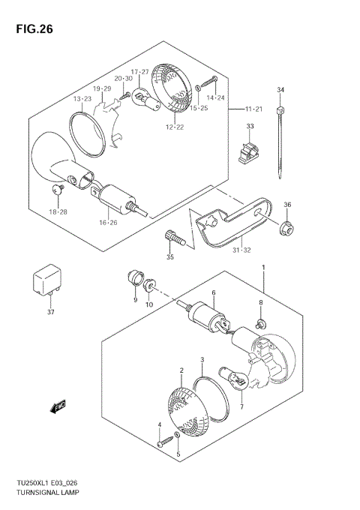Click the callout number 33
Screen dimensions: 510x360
[x=250, y=126]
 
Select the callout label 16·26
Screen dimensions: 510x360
[x=108, y=222]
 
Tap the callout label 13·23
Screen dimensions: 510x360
[x=82, y=99]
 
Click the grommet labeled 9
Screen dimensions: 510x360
[x=135, y=279]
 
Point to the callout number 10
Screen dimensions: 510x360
[x=148, y=304]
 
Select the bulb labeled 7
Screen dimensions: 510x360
[x=231, y=376]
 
